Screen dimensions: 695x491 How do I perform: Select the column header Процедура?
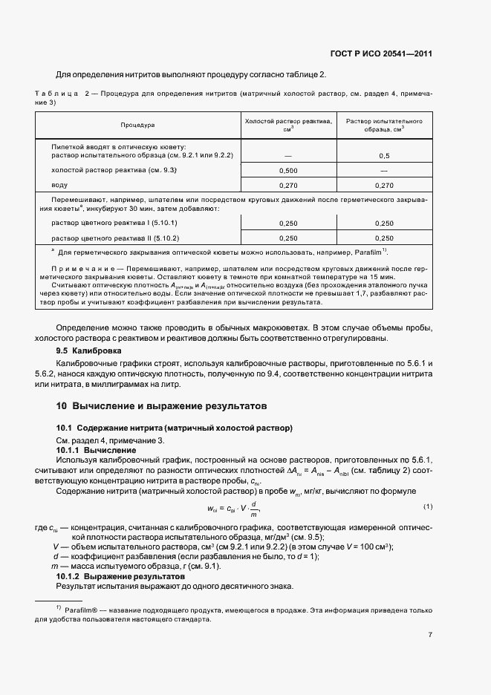(137, 125)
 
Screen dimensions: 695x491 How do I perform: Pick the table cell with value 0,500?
(288, 170)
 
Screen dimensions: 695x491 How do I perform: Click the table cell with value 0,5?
(384, 155)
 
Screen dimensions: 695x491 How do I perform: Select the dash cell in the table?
(288, 155)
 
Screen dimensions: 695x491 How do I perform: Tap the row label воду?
(59, 185)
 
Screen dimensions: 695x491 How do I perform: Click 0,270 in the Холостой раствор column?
(288, 185)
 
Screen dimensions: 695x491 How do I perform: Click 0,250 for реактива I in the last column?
(384, 223)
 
